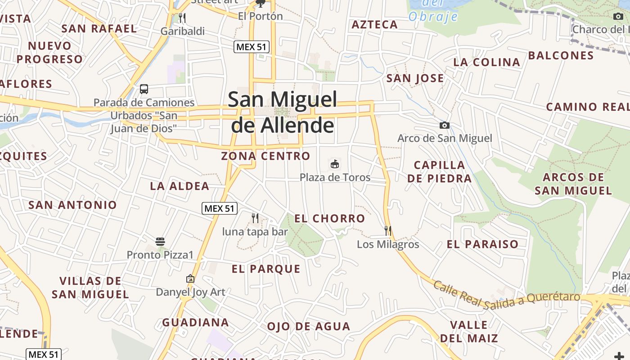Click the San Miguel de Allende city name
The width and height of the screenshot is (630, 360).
point(283,112)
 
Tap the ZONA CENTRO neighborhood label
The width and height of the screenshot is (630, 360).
point(265,156)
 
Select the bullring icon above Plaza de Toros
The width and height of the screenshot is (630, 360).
point(335,164)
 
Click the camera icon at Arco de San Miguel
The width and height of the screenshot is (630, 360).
point(445,125)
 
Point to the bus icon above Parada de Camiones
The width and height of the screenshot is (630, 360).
point(144,89)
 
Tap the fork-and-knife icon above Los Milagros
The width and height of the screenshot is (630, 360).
point(388,231)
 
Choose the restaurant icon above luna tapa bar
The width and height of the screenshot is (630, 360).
point(255,218)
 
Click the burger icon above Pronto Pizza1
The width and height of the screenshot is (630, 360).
point(160,242)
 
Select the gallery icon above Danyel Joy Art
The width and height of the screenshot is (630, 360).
point(190,279)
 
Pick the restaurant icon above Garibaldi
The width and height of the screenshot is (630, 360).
point(182,18)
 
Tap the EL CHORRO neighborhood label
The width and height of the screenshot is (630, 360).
point(330,219)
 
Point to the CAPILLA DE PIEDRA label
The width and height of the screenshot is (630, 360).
point(439,171)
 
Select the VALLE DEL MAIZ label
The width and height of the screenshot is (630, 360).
point(469,331)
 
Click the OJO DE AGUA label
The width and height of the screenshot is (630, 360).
point(309,326)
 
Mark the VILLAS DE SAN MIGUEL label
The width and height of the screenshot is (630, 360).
point(90,288)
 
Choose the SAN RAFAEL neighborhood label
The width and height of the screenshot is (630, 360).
point(99,29)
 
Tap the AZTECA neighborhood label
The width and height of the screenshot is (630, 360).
point(375,25)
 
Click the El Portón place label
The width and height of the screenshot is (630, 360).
point(261,16)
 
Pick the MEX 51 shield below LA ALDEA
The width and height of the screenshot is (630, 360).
point(220,208)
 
